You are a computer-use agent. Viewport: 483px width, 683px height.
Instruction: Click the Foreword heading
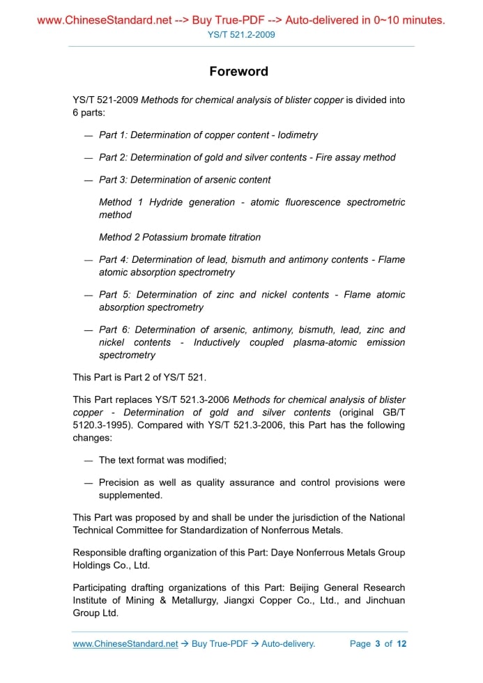pos(238,72)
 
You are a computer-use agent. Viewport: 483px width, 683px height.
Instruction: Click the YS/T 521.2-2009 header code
pos(241,34)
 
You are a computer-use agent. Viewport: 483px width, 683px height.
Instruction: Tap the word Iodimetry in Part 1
pos(298,135)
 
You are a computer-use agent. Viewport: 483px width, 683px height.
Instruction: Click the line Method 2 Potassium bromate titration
pos(180,237)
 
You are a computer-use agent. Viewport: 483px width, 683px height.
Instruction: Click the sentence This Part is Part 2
pos(139,377)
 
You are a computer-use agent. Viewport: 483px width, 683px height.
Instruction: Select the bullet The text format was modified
pos(162,460)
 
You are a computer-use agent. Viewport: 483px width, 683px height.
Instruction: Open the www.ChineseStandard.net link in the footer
pos(125,643)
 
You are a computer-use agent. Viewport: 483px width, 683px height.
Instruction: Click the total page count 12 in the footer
pos(401,643)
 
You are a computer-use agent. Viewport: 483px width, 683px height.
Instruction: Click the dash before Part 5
pos(89,295)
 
